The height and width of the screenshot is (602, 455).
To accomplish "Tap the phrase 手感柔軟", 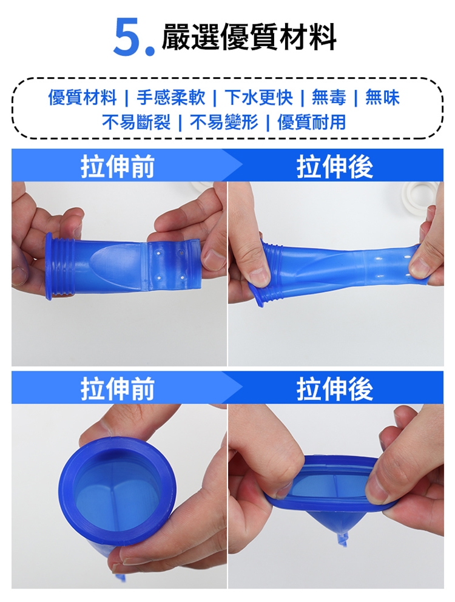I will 170,98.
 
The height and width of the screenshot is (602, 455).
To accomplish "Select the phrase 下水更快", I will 259,98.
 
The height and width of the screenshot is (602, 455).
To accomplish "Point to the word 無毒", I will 328,98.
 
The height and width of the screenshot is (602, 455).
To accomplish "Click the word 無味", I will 382,98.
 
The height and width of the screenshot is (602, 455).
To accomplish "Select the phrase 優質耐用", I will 312,123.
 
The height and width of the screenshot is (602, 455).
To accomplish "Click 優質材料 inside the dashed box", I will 82,98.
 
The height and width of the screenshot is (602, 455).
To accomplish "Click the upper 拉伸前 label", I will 118,166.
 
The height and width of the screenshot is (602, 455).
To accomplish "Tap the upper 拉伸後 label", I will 335,166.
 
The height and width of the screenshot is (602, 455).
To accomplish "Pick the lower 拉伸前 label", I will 118,389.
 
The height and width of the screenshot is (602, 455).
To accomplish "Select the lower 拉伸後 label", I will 335,389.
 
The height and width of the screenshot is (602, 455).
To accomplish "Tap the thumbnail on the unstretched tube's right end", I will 214,258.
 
